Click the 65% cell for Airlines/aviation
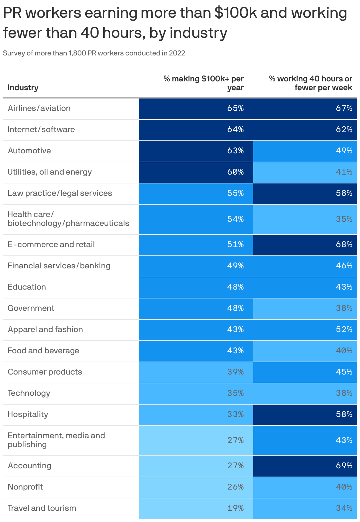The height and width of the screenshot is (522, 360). coord(235,108)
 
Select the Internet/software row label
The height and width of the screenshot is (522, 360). coord(41,129)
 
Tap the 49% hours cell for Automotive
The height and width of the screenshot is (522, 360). coord(344,151)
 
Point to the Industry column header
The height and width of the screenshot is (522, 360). coord(23,88)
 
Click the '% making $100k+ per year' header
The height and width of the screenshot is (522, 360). coord(204,83)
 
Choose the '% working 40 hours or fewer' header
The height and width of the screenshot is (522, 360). coord(310,83)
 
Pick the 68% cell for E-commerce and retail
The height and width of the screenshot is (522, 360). coord(344,244)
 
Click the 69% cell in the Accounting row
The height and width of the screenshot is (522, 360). coord(344,466)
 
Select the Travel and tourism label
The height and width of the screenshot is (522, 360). coord(42,508)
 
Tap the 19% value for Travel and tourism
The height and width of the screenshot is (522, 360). coord(235,508)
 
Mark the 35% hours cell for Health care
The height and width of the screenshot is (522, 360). coord(344,219)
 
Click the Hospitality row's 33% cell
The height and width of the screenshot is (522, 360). coord(235,414)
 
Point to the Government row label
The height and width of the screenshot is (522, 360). coord(31,308)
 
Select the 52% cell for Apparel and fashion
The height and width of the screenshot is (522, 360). coord(344,329)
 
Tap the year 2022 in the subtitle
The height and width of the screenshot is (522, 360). coord(177,53)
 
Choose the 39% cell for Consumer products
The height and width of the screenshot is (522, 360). coord(235,372)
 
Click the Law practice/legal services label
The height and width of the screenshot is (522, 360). coord(60,193)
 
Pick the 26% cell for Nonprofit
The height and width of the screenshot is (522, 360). coord(235,487)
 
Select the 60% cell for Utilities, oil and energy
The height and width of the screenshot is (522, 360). coord(235,172)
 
